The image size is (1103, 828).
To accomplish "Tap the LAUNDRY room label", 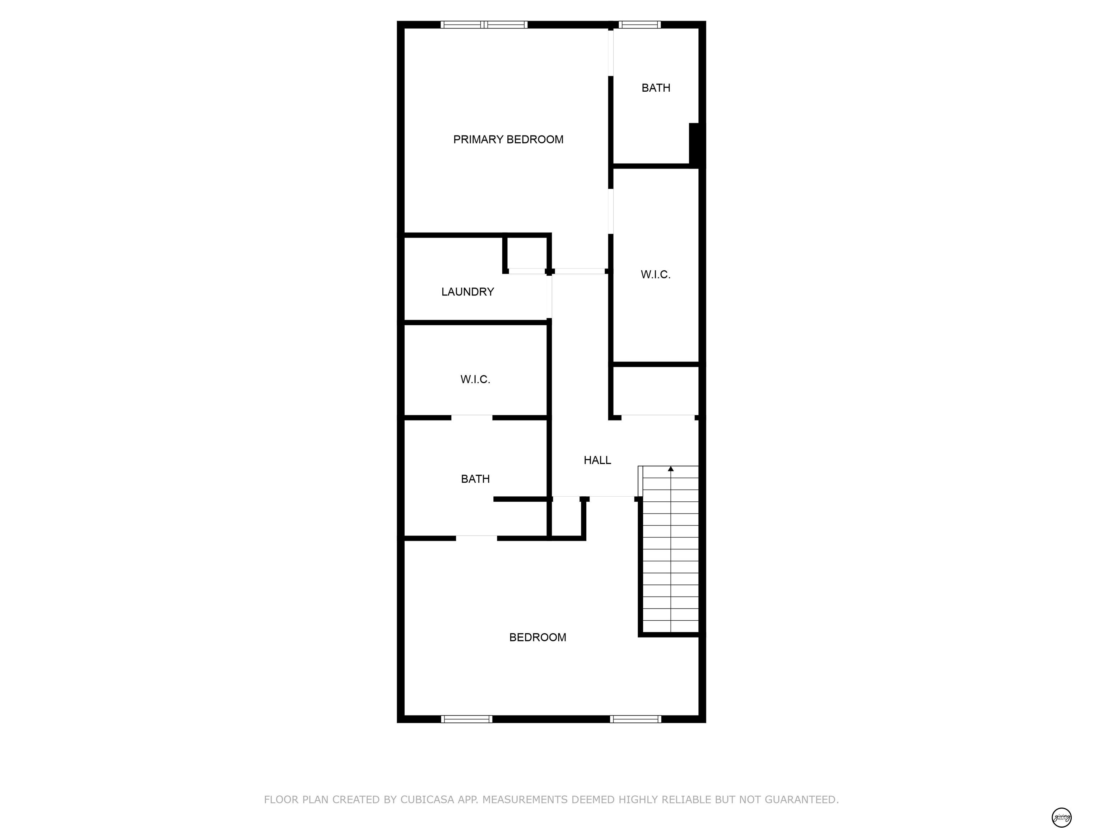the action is coord(468,292).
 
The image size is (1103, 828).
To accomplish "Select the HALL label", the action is coord(597,460).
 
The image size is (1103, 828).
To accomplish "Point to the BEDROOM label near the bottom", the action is coord(537,637).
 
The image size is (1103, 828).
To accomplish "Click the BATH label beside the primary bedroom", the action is coord(656,88).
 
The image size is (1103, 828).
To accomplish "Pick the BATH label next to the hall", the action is coord(475,479).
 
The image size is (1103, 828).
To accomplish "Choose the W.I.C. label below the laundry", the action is coord(475,379).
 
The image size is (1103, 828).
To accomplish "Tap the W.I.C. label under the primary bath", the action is coord(655,275).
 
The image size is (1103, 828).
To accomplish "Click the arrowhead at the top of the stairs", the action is coord(671,469).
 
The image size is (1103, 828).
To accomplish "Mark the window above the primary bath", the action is coord(640,24).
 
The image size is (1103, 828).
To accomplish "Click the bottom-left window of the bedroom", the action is coord(467,719).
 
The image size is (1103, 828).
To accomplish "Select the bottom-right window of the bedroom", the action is coord(636,719).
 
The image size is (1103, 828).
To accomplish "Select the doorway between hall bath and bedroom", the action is coord(477,538).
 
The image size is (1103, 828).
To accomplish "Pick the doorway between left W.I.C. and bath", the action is coord(472,417).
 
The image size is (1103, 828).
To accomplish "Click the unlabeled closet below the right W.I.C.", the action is coord(655,390).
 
